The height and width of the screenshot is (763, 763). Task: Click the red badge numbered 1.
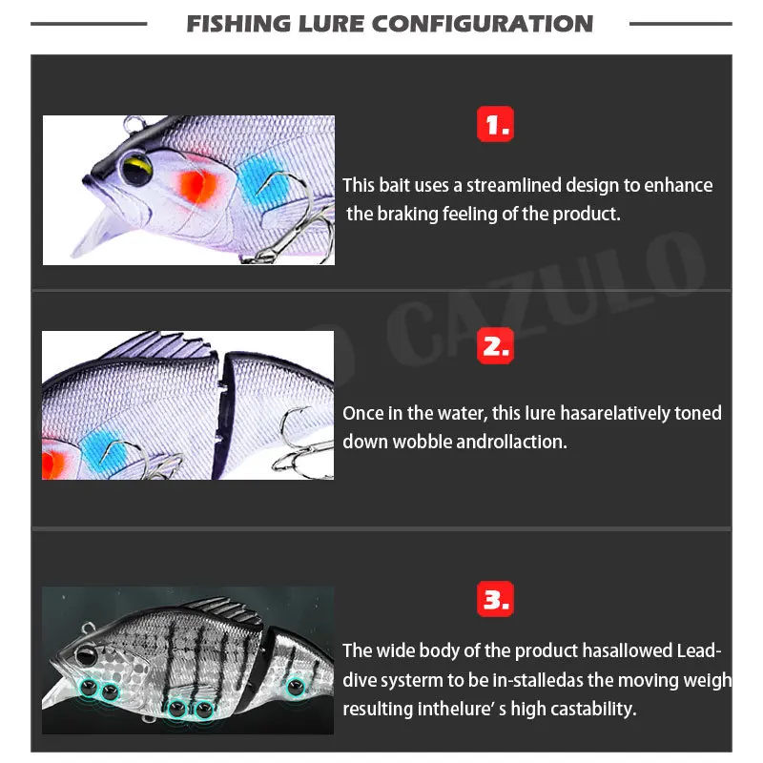tap(494, 124)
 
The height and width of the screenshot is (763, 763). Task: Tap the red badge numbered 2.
tap(494, 346)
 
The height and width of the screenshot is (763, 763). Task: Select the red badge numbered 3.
tap(494, 599)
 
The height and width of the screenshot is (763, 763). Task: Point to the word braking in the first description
tap(406, 214)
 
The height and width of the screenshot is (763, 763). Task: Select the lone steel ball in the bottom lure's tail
tap(295, 685)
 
